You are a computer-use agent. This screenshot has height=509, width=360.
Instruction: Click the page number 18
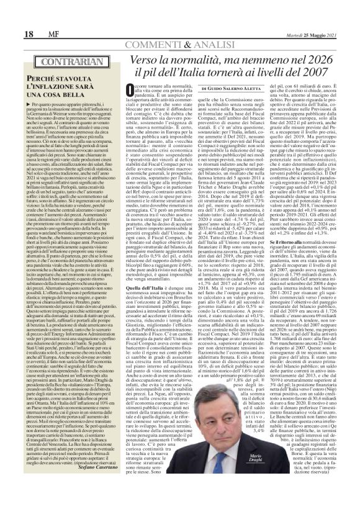tap(12, 15)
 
